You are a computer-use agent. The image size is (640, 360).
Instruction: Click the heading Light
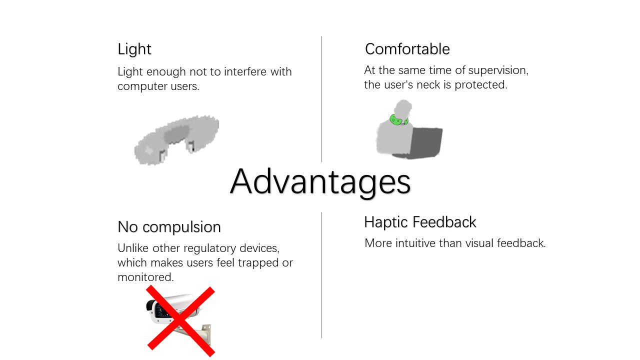(x=134, y=49)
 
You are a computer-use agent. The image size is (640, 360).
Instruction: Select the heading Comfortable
(x=407, y=49)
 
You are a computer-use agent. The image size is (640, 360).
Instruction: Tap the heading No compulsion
(x=169, y=227)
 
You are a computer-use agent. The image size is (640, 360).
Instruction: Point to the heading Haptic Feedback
(x=420, y=222)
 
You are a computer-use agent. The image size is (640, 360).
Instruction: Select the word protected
(x=481, y=85)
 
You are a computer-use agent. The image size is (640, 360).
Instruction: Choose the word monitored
(x=145, y=277)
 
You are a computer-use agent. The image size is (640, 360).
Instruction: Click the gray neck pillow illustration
(x=176, y=140)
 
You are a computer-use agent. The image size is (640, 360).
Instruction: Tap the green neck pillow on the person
(x=399, y=119)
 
